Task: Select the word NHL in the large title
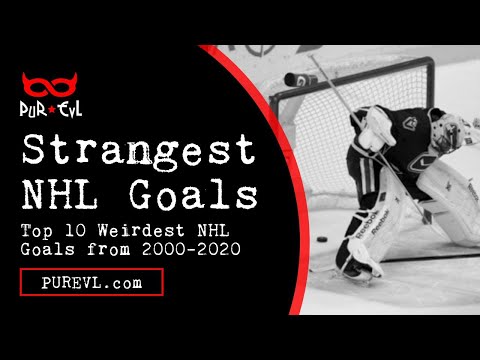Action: (63, 192)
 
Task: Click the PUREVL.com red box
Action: (91, 283)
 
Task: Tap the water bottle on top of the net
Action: (296, 78)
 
